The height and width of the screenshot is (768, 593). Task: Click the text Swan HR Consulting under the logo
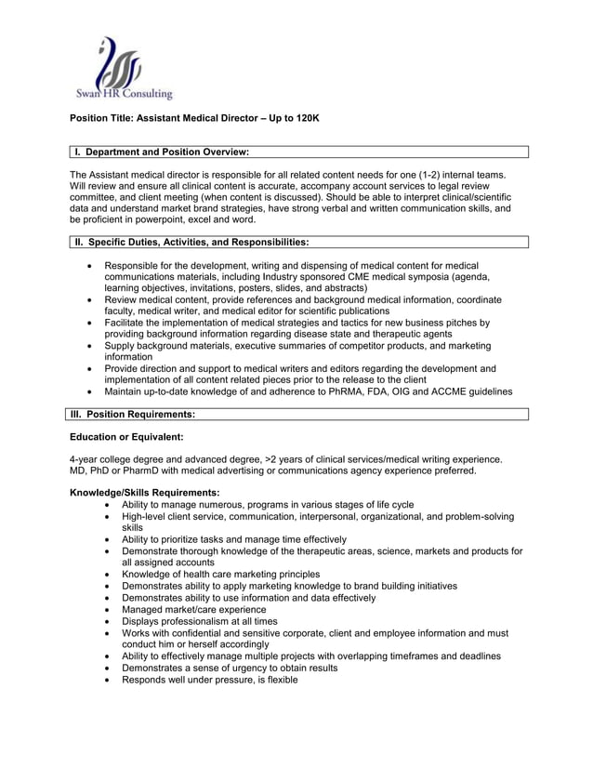124,94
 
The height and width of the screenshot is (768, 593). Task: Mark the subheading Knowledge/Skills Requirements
145,493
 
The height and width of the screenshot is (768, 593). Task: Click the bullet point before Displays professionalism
111,621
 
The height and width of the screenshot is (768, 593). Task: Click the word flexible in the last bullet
281,680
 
